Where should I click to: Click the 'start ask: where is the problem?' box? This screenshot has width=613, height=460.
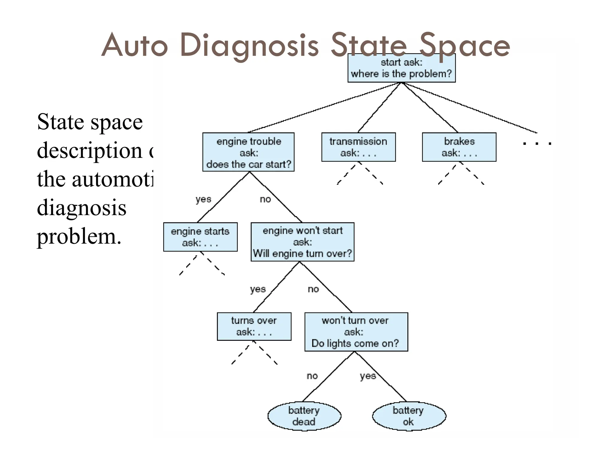[x=401, y=68]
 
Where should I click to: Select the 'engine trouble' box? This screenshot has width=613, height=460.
[x=248, y=152]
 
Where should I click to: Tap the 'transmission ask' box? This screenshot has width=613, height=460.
[x=358, y=147]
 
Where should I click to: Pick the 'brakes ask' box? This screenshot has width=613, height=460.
[x=459, y=147]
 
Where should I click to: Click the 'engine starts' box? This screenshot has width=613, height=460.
[x=200, y=237]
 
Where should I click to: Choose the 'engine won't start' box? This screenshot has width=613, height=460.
[x=302, y=242]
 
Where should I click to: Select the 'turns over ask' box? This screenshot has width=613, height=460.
[x=254, y=326]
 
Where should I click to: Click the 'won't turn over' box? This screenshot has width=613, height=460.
[x=356, y=332]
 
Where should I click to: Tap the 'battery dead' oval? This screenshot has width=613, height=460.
[x=304, y=416]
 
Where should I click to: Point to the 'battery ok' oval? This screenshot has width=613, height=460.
[x=409, y=416]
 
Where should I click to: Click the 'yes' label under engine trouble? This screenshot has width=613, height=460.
[x=203, y=199]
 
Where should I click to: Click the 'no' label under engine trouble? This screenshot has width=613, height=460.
[x=265, y=199]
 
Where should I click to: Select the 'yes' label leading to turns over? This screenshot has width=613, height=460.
[x=258, y=289]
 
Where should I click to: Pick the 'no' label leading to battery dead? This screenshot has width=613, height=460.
[x=312, y=376]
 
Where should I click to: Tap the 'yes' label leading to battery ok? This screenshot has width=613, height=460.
[x=368, y=376]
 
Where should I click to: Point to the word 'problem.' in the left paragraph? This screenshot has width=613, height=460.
[x=79, y=236]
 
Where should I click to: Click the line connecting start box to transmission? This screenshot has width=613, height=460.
[x=379, y=108]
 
